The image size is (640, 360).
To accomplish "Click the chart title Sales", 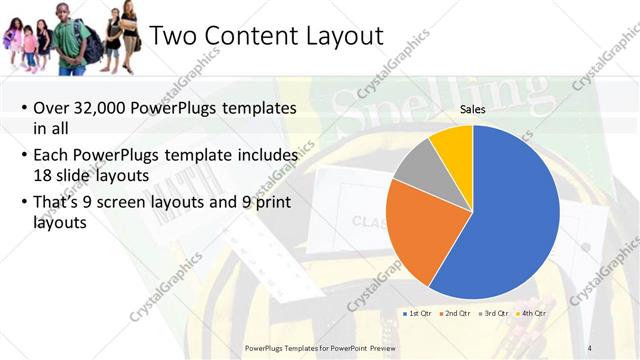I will [x=473, y=109].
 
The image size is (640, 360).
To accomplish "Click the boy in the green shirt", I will [x=72, y=40].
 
